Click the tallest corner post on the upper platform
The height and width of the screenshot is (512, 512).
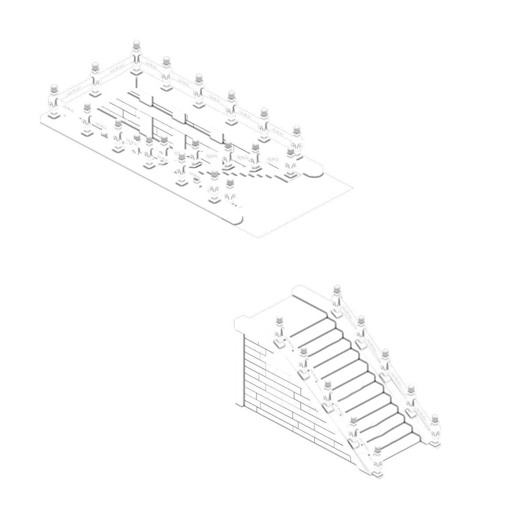coord(137,59)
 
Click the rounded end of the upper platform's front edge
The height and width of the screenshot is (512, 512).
coord(237,219)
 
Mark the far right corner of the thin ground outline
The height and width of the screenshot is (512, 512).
coord(353,188)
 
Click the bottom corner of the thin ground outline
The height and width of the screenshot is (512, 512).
coord(258,238)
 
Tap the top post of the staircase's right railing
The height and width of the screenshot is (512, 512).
coord(336,300)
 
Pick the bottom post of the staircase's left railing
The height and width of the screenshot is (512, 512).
coord(378,462)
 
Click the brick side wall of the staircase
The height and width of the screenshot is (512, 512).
coord(281,395)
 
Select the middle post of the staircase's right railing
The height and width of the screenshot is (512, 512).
coord(385,364)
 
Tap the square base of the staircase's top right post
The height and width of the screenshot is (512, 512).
coord(337,313)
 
